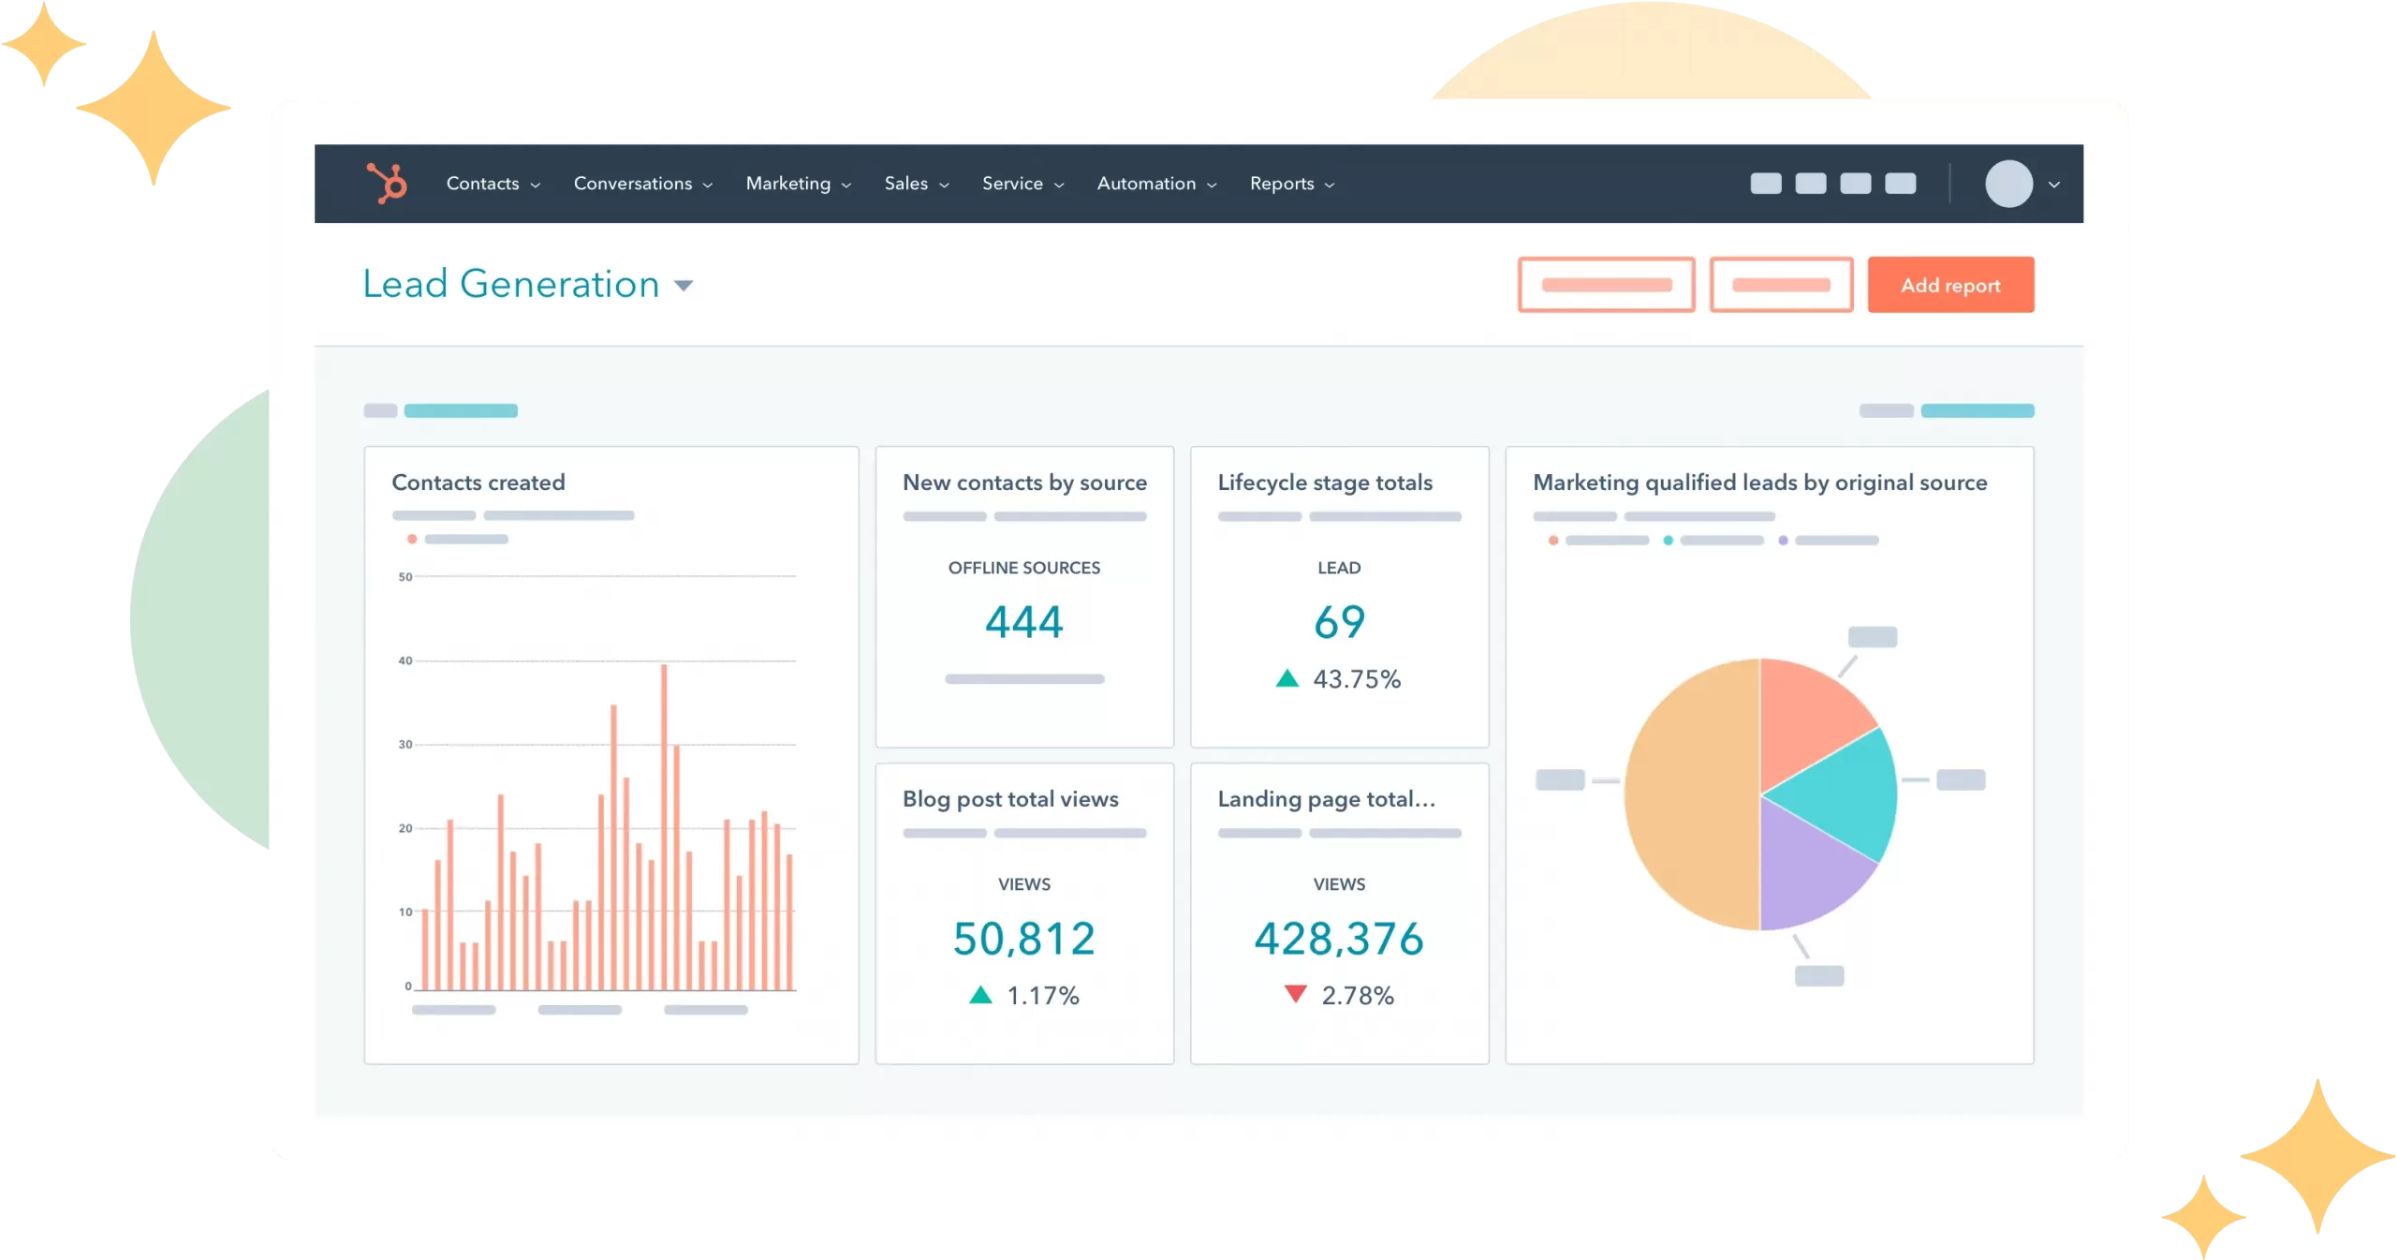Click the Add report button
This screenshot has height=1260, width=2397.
pos(1950,285)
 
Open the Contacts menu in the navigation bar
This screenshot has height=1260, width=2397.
pos(493,184)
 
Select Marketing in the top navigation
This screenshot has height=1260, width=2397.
pos(798,184)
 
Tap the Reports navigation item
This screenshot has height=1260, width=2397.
pos(1291,184)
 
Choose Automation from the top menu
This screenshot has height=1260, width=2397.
pos(1156,184)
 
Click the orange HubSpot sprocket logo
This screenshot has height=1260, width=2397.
pos(387,183)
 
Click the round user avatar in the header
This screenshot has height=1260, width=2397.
pos(2008,184)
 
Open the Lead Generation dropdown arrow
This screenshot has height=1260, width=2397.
pos(684,286)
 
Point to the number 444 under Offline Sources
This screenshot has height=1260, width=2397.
pos(1024,622)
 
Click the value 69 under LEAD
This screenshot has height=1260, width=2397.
pos(1339,622)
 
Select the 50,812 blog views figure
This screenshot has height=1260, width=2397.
pos(1024,939)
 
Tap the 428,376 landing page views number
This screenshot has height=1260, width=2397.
pos(1339,939)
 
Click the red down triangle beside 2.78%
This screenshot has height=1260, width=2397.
pos(1296,994)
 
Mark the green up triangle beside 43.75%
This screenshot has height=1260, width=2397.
pos(1287,678)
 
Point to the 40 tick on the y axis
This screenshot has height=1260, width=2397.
pos(405,660)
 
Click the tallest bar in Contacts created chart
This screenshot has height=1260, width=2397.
pos(664,824)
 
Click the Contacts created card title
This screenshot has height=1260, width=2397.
pos(478,482)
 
